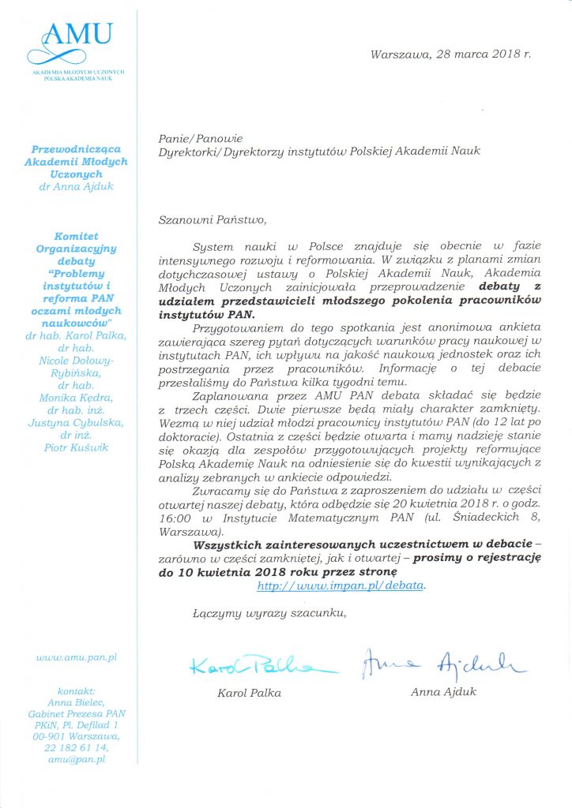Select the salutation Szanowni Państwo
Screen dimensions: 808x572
pyautogui.click(x=208, y=219)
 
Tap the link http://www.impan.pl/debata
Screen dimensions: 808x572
pyautogui.click(x=341, y=585)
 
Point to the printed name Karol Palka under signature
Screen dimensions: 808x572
pyautogui.click(x=249, y=693)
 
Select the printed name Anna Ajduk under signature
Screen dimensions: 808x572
pyautogui.click(x=442, y=693)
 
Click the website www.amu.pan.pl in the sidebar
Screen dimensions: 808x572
pyautogui.click(x=77, y=656)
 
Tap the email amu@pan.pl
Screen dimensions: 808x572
pyautogui.click(x=77, y=759)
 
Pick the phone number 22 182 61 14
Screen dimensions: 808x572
pyautogui.click(x=77, y=747)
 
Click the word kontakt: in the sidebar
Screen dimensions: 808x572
pyautogui.click(x=77, y=690)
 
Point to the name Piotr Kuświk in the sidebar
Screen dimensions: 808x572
pyautogui.click(x=77, y=447)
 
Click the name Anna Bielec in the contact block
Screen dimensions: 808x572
pyautogui.click(x=77, y=701)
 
